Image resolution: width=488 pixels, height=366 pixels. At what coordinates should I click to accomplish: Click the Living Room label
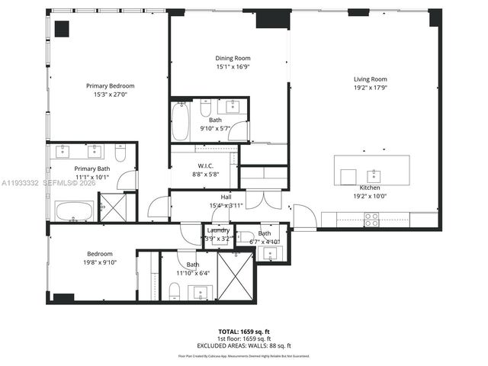pyautogui.click(x=370, y=79)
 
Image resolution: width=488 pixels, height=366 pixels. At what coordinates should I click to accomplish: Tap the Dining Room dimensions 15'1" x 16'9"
pyautogui.click(x=233, y=67)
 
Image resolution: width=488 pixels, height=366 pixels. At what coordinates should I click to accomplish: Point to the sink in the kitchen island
pyautogui.click(x=374, y=173)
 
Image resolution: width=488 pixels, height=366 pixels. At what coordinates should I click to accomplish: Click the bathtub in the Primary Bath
pyautogui.click(x=74, y=210)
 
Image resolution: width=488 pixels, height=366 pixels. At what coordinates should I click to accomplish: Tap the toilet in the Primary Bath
pyautogui.click(x=120, y=150)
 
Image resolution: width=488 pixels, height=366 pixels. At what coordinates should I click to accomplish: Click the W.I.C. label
pyautogui.click(x=204, y=165)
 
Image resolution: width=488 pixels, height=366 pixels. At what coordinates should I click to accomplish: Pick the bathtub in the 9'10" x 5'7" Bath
pyautogui.click(x=181, y=122)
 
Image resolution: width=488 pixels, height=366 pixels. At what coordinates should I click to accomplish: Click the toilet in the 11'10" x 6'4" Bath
pyautogui.click(x=173, y=290)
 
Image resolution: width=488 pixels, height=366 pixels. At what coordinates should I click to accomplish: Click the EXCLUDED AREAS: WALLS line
pyautogui.click(x=244, y=345)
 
